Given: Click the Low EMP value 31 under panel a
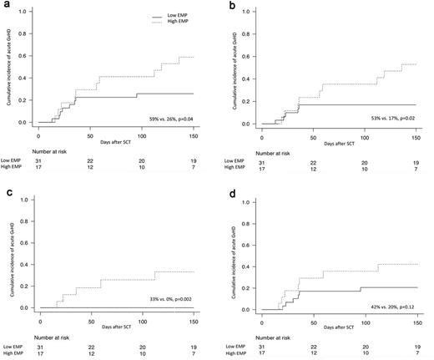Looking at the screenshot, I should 38,164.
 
